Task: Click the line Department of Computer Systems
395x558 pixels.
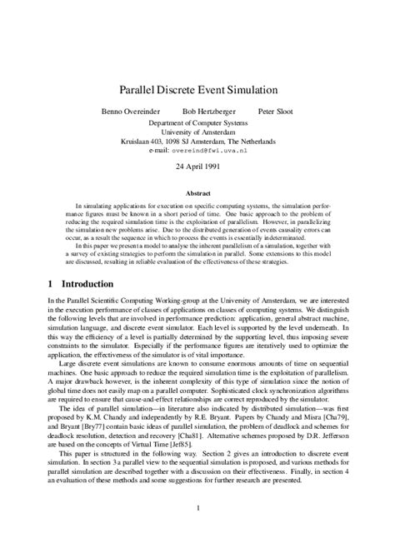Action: [197, 123]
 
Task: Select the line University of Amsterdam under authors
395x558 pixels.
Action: [197, 132]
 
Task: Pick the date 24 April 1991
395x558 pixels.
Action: [197, 166]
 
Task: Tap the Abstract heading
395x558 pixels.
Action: [197, 192]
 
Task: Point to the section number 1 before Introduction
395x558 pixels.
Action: [52, 283]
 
